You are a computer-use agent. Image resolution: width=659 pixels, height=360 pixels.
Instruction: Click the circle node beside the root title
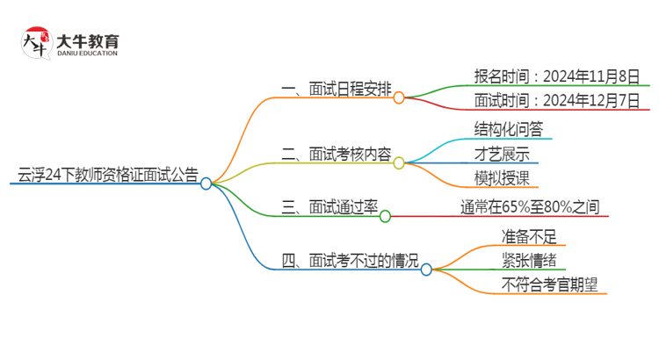click(206, 184)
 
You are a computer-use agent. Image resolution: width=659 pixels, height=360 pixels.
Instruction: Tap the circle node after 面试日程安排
click(399, 98)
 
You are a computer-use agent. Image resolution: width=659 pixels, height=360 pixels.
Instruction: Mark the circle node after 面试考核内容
click(399, 163)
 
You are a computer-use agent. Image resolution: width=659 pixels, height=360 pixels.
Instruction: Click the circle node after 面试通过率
click(385, 215)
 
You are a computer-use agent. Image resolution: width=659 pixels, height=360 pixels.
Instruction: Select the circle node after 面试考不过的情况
click(426, 270)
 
